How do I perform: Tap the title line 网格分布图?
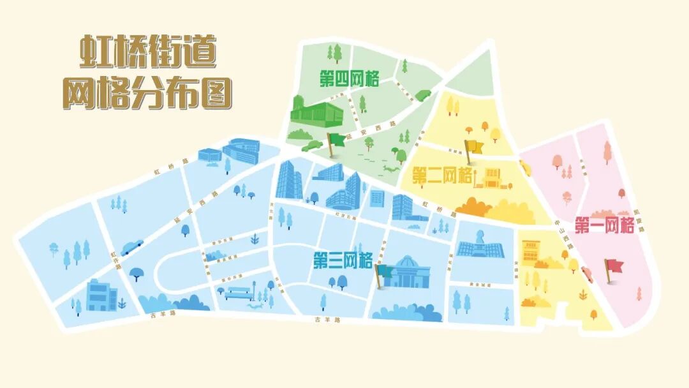pyautogui.click(x=147, y=94)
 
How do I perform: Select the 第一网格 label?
pyautogui.click(x=604, y=225)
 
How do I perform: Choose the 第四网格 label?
pyautogui.click(x=349, y=79)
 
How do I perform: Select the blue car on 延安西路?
pyautogui.click(x=132, y=246)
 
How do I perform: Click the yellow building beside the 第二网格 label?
pyautogui.click(x=493, y=178)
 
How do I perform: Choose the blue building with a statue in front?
pyautogui.click(x=480, y=243)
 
